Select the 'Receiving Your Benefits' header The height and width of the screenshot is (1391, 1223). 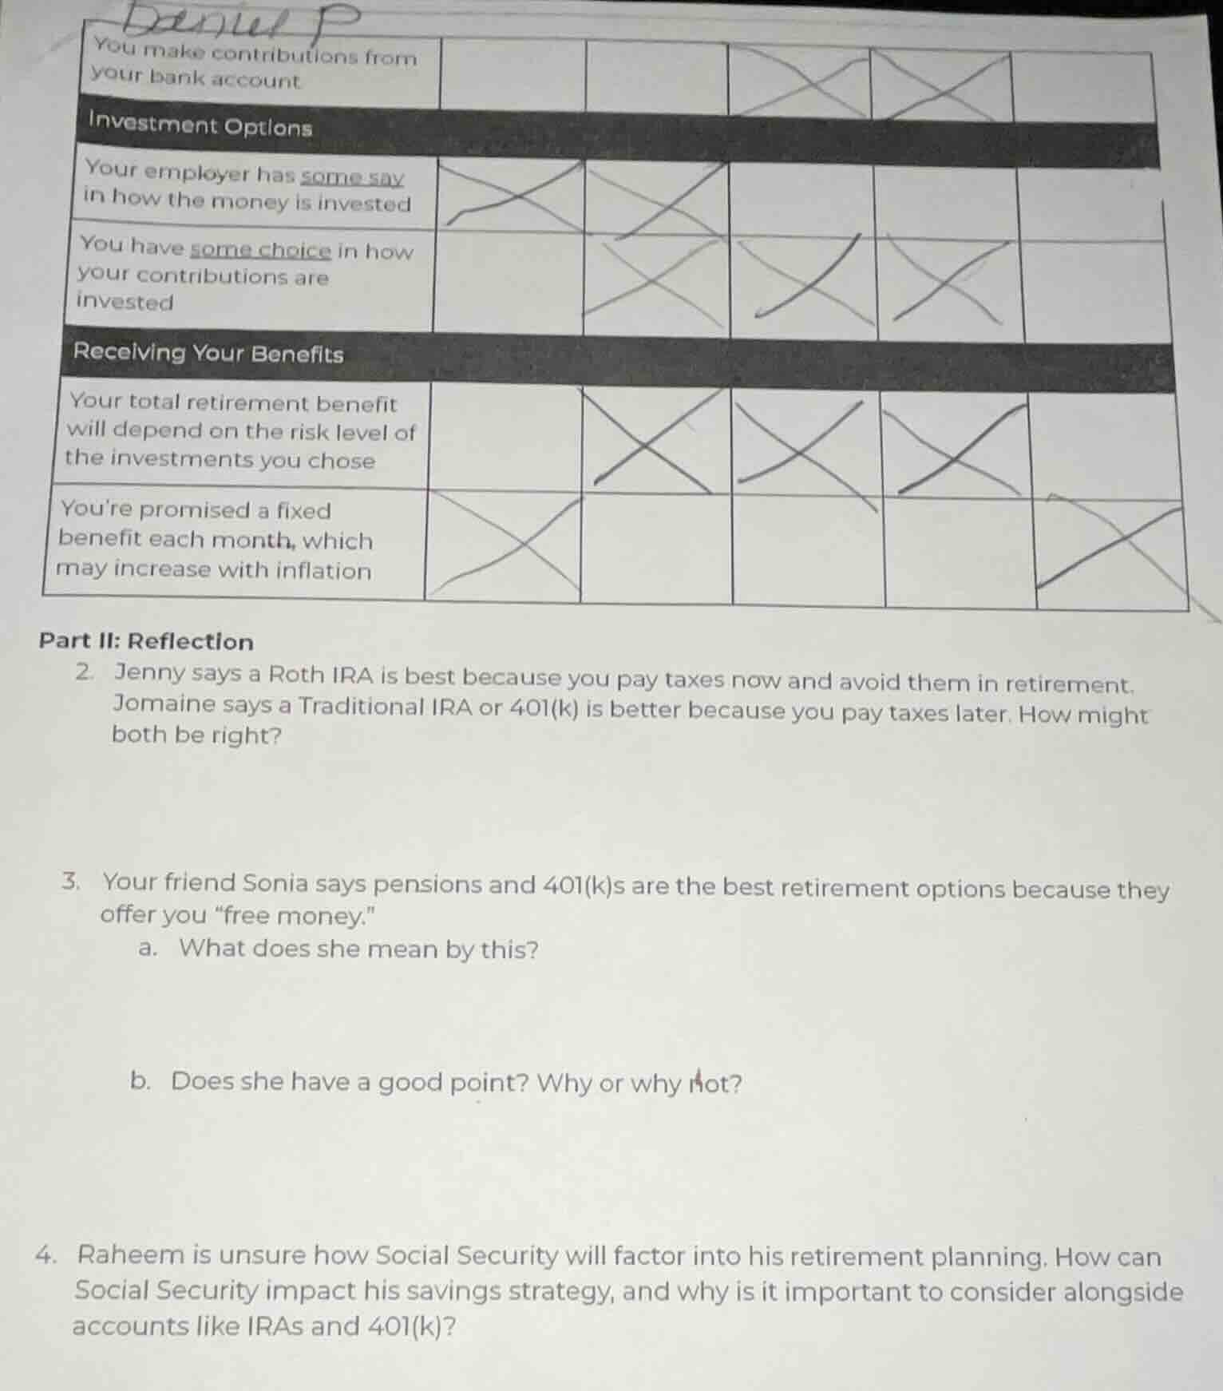point(208,353)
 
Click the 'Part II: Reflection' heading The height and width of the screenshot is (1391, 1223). point(147,641)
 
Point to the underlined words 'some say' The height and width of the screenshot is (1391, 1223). point(352,176)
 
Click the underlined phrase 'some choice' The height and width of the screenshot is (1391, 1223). point(260,250)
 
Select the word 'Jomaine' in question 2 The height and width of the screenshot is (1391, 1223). point(164,703)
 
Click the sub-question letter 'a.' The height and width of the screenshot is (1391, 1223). point(147,949)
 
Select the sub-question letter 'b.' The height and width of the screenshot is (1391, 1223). point(141,1081)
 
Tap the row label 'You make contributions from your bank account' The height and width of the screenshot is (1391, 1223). point(254,67)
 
